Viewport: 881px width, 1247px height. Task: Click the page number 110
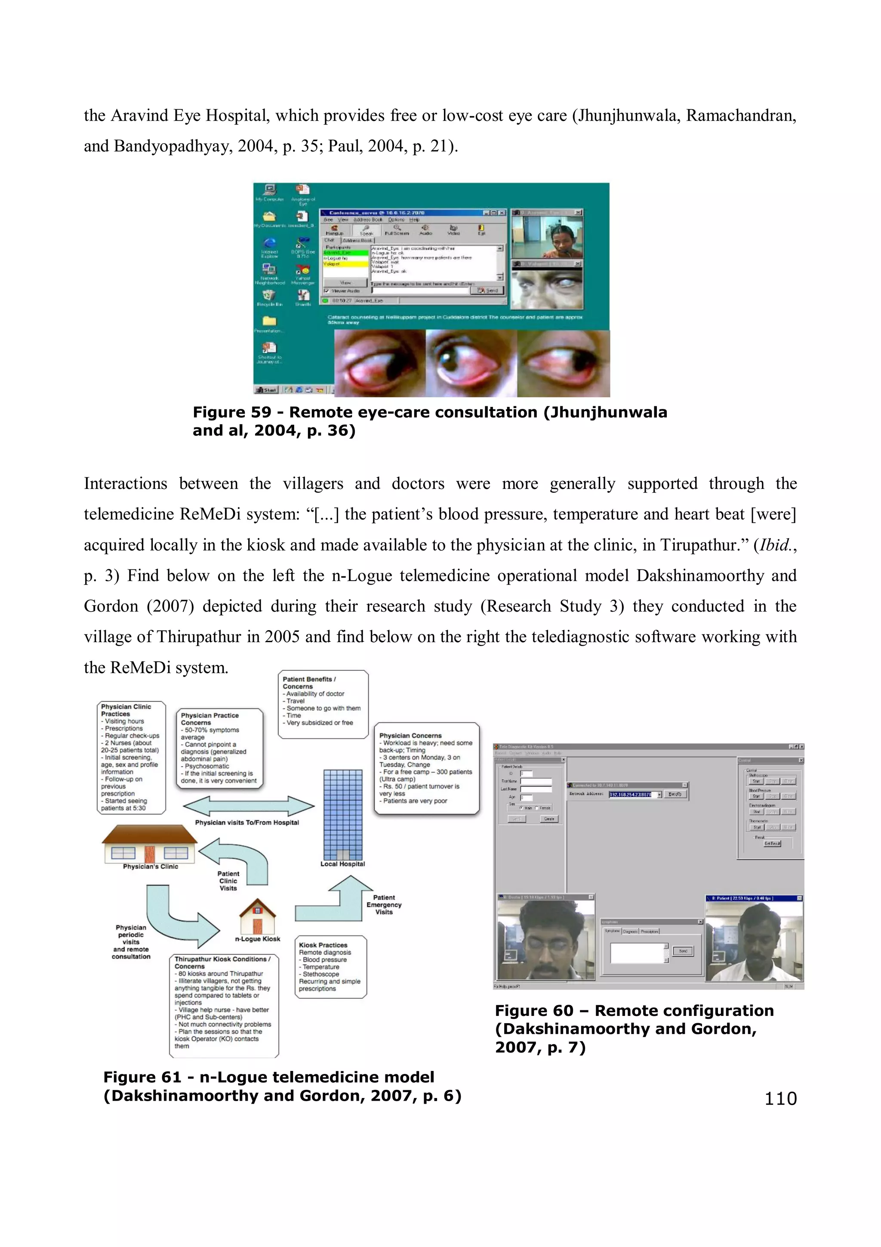pos(780,1098)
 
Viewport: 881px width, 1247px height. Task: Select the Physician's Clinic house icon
pos(149,844)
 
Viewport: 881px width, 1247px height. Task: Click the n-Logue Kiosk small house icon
pos(258,916)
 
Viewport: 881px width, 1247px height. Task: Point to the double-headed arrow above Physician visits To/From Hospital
pos(249,806)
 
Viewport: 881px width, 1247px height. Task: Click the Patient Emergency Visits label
pos(384,905)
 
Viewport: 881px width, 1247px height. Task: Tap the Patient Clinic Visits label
pos(228,881)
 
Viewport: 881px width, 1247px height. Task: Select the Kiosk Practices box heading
pos(323,945)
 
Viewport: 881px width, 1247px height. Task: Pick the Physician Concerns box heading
pos(410,735)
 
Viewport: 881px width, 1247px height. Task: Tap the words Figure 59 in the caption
pos(232,412)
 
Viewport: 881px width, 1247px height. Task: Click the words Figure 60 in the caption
pos(534,1011)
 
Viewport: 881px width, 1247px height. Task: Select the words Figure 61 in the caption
pos(142,1077)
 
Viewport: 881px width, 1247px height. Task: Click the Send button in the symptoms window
pos(683,951)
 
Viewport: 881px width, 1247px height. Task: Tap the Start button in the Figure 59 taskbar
pos(267,390)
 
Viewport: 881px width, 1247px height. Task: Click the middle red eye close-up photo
pos(471,363)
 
